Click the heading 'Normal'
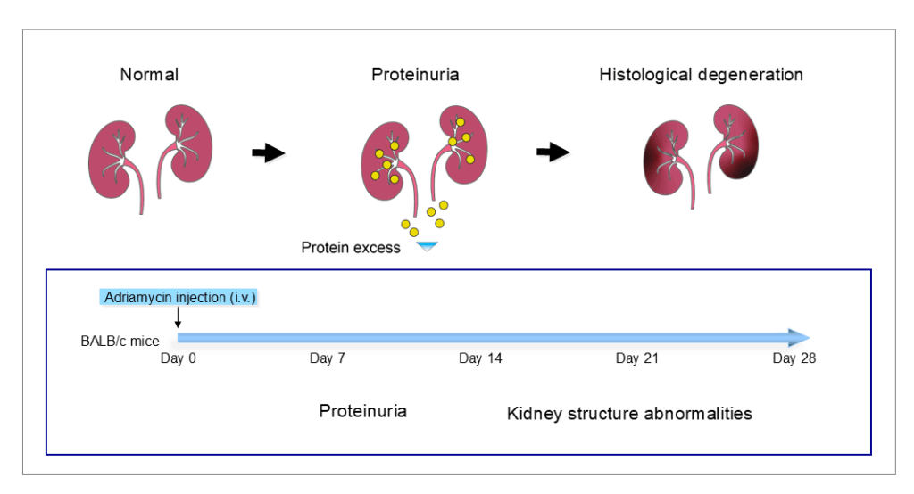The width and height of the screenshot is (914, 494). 149,75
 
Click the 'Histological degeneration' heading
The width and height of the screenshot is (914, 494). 701,75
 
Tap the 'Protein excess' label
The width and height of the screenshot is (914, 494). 350,248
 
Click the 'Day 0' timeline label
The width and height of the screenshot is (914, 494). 178,358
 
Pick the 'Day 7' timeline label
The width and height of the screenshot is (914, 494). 328,358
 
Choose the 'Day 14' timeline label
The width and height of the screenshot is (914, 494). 482,358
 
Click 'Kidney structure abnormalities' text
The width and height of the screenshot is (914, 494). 629,414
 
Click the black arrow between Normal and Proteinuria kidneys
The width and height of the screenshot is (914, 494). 268,153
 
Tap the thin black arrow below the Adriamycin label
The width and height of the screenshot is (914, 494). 179,317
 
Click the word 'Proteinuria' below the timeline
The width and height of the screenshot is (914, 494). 362,411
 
